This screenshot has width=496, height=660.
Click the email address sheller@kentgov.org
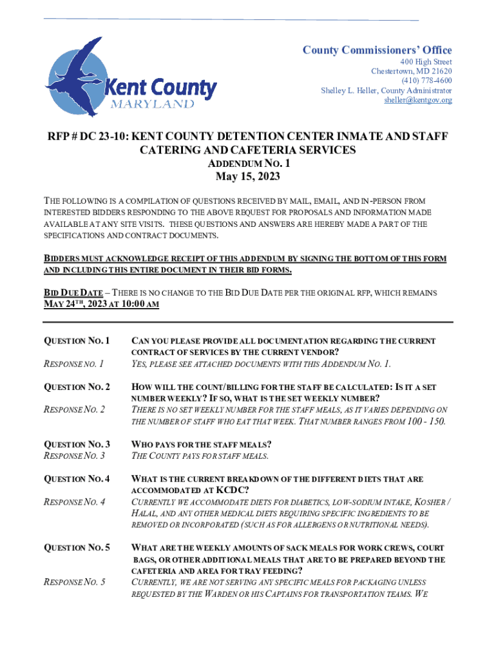418,100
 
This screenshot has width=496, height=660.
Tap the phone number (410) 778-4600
426,81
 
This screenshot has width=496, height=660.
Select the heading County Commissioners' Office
377,50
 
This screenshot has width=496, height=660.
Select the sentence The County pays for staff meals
200,456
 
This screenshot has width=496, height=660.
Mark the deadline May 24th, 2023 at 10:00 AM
101,304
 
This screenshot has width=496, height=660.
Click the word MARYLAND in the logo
153,104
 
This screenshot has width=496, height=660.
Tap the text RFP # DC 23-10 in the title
90,137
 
